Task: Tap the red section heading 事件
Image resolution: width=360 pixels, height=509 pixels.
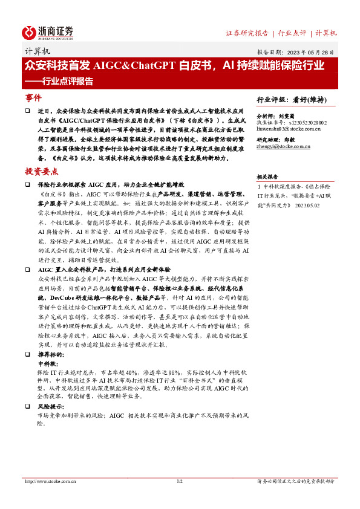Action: [x=33, y=97]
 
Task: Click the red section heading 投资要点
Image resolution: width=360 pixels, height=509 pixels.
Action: [x=42, y=172]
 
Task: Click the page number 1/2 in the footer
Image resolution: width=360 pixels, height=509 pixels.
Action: [x=179, y=482]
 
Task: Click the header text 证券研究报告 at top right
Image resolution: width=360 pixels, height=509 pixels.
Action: [x=247, y=33]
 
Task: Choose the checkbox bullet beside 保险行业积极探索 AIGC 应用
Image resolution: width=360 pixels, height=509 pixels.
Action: [x=27, y=183]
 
